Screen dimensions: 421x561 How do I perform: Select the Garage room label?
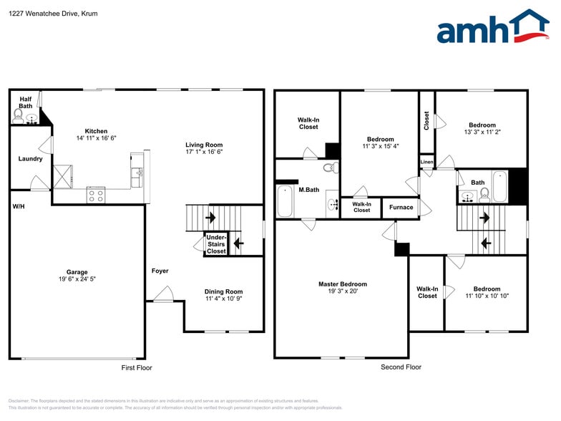(x=77, y=272)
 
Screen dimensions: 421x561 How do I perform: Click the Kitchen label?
(x=97, y=131)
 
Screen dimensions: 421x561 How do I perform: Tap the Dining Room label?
(x=223, y=291)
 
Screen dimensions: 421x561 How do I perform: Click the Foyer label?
(x=160, y=271)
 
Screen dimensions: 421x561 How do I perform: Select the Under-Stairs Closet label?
(x=216, y=244)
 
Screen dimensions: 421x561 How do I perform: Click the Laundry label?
(x=30, y=159)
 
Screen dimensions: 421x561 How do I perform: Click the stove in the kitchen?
(x=96, y=194)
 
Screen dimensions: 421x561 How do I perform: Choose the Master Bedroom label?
(x=343, y=284)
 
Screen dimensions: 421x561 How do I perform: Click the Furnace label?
(x=401, y=208)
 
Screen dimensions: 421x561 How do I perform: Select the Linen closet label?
(x=426, y=163)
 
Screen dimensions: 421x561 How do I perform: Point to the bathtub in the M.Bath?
(x=285, y=201)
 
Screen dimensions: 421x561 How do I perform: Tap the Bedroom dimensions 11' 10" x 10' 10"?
(x=487, y=296)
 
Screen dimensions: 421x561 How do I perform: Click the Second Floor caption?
(x=401, y=367)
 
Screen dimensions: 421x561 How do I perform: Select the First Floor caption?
(x=135, y=368)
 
